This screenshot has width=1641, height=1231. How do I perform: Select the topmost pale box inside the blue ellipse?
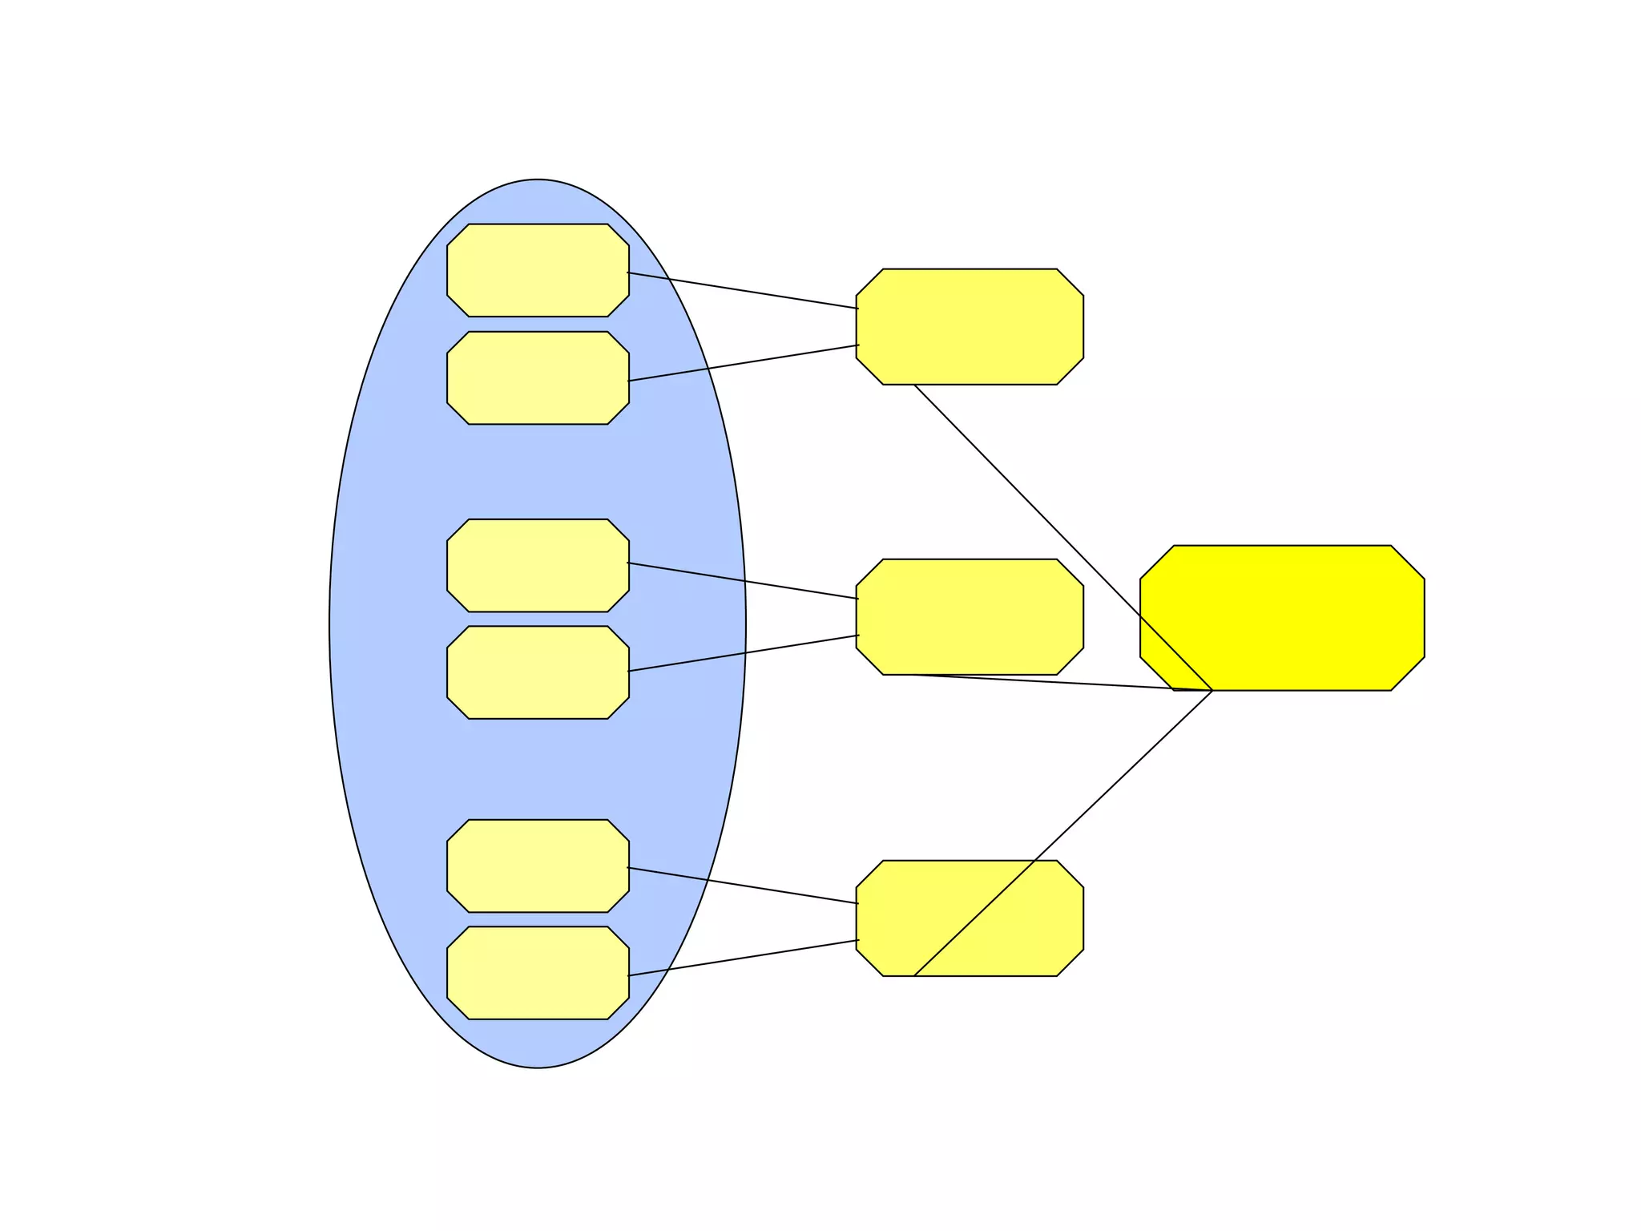pyautogui.click(x=538, y=270)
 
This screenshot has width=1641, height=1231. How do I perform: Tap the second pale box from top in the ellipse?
pyautogui.click(x=538, y=377)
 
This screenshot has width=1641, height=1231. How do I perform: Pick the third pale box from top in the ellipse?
pyautogui.click(x=538, y=565)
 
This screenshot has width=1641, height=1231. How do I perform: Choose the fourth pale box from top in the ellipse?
pyautogui.click(x=538, y=672)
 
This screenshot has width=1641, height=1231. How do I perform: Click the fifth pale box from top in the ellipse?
pyautogui.click(x=538, y=866)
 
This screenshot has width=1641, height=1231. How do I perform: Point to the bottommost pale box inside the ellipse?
pyautogui.click(x=538, y=973)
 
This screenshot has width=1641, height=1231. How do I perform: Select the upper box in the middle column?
pyautogui.click(x=970, y=326)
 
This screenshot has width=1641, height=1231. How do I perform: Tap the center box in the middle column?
pyautogui.click(x=970, y=616)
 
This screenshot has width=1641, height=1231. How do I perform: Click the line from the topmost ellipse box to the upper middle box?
pyautogui.click(x=743, y=291)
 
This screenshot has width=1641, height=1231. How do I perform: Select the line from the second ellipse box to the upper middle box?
pyautogui.click(x=743, y=363)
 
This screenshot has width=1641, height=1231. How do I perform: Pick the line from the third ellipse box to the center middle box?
pyautogui.click(x=743, y=581)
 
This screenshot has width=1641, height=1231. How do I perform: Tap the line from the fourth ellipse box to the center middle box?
pyautogui.click(x=743, y=653)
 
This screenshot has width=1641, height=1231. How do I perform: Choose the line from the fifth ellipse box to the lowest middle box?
pyautogui.click(x=743, y=886)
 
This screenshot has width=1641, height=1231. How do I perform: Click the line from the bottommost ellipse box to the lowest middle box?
pyautogui.click(x=743, y=958)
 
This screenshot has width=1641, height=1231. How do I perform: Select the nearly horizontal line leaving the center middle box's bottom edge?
pyautogui.click(x=1058, y=682)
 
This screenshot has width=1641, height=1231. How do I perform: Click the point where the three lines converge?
pyautogui.click(x=1212, y=690)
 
